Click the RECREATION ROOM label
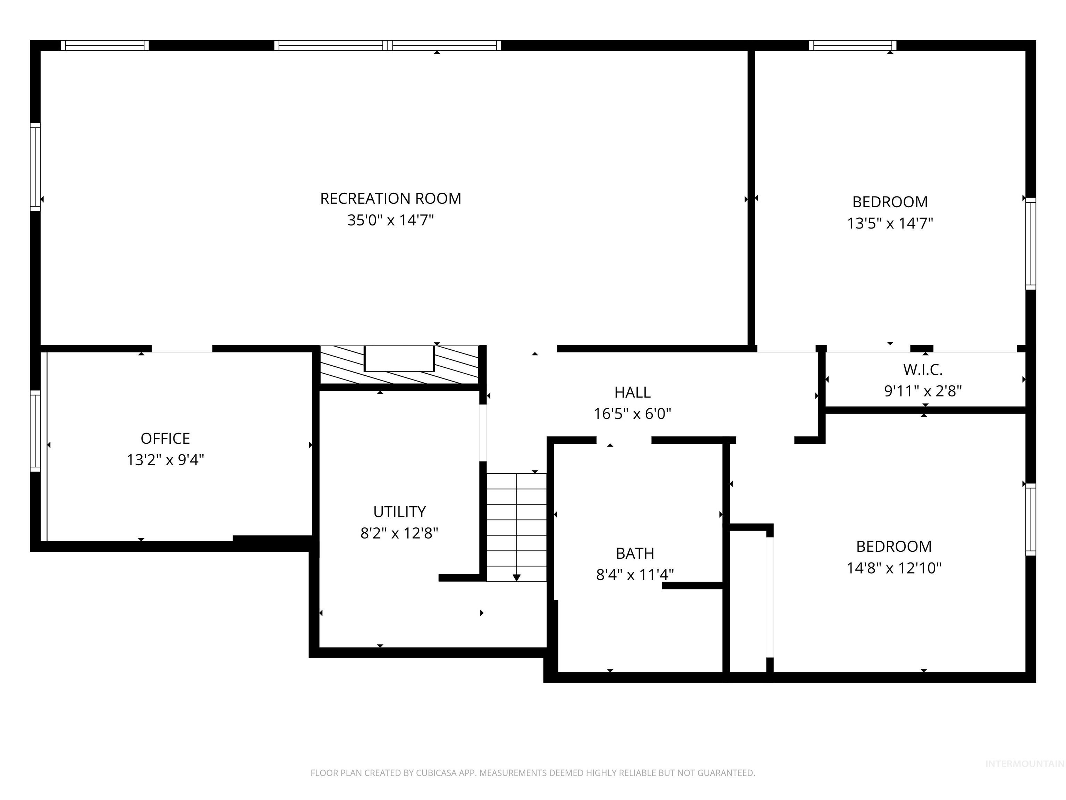click(391, 198)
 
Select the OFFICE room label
click(165, 438)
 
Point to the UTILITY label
click(399, 512)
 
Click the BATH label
click(635, 553)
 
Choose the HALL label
click(632, 392)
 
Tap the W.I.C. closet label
click(923, 369)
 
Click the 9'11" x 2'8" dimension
click(923, 391)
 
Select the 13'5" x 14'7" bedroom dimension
click(890, 223)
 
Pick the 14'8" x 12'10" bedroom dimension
click(894, 568)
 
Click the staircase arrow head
click(517, 578)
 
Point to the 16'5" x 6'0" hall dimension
click(632, 414)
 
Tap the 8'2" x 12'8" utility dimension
click(399, 533)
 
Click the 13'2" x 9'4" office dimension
click(165, 460)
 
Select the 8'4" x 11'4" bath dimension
click(635, 574)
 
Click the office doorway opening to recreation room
click(182, 349)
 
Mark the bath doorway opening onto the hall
click(624, 440)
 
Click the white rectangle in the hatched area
click(399, 358)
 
